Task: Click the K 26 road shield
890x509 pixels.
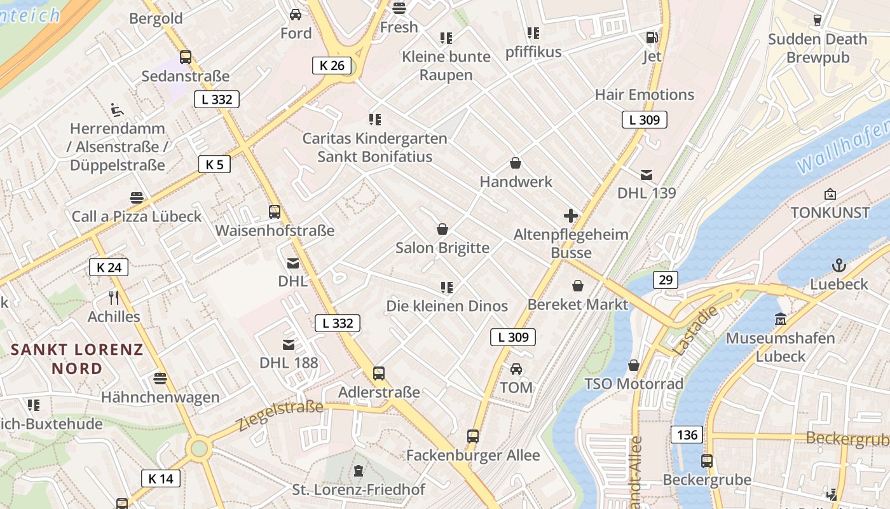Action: point(332,65)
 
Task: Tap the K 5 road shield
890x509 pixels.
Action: point(214,164)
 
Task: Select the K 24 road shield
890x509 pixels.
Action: point(109,267)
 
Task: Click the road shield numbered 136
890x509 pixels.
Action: point(687,435)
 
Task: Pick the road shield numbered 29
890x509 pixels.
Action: point(665,280)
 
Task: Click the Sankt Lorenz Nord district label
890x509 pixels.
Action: point(77,359)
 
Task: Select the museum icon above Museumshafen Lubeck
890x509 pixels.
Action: point(781,319)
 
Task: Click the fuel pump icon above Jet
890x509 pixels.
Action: point(652,38)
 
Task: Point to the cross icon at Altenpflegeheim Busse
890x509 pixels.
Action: point(571,216)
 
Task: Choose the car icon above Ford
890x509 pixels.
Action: point(296,14)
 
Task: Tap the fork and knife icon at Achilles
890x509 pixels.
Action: point(114,297)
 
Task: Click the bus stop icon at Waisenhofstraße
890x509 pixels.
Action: point(275,212)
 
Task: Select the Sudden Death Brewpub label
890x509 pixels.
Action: point(817,48)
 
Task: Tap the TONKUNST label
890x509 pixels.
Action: point(830,213)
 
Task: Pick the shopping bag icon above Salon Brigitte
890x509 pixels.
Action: point(442,229)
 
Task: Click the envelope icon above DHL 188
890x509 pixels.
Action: point(289,345)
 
